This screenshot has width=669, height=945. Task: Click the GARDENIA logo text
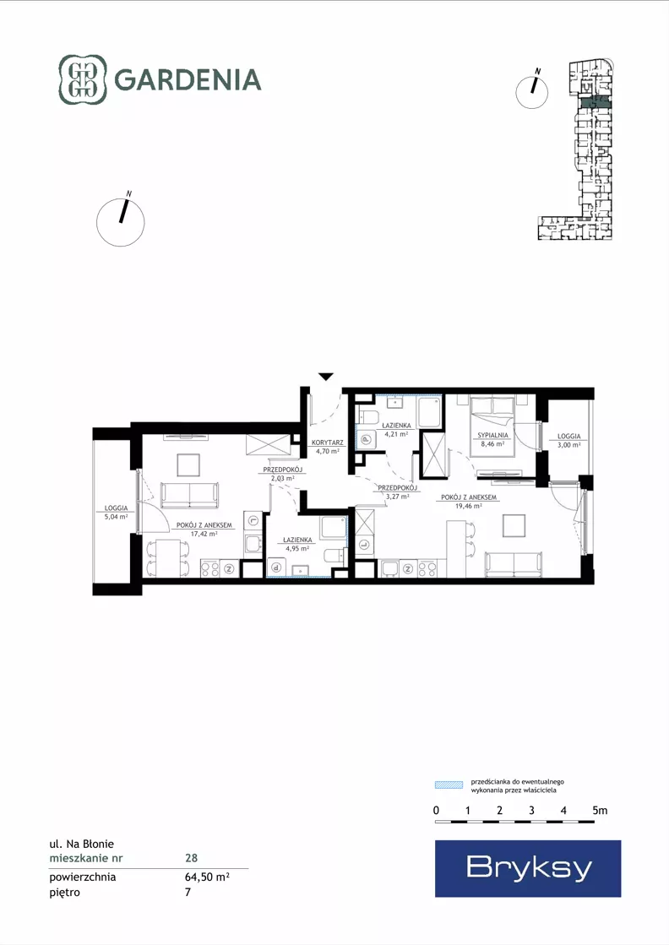188,79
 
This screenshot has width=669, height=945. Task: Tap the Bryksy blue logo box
528,868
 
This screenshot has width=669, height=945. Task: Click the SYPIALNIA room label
492,435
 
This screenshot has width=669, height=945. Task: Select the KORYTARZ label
327,443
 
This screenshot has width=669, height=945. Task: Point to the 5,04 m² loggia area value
116,517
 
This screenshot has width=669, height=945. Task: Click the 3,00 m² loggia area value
569,445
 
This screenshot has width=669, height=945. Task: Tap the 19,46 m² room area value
468,506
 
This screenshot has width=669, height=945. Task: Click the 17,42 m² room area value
204,534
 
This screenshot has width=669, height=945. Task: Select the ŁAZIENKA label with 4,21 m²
396,426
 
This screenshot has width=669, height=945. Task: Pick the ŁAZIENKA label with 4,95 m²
297,540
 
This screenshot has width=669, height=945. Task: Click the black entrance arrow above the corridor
325,377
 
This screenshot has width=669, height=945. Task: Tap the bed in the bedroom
492,426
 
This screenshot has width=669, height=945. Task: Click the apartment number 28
191,858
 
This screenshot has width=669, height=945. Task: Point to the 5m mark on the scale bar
600,811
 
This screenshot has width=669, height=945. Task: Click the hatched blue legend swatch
449,785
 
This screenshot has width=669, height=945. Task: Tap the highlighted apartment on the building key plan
595,103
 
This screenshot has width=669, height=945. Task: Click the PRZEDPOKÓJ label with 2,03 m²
282,470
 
